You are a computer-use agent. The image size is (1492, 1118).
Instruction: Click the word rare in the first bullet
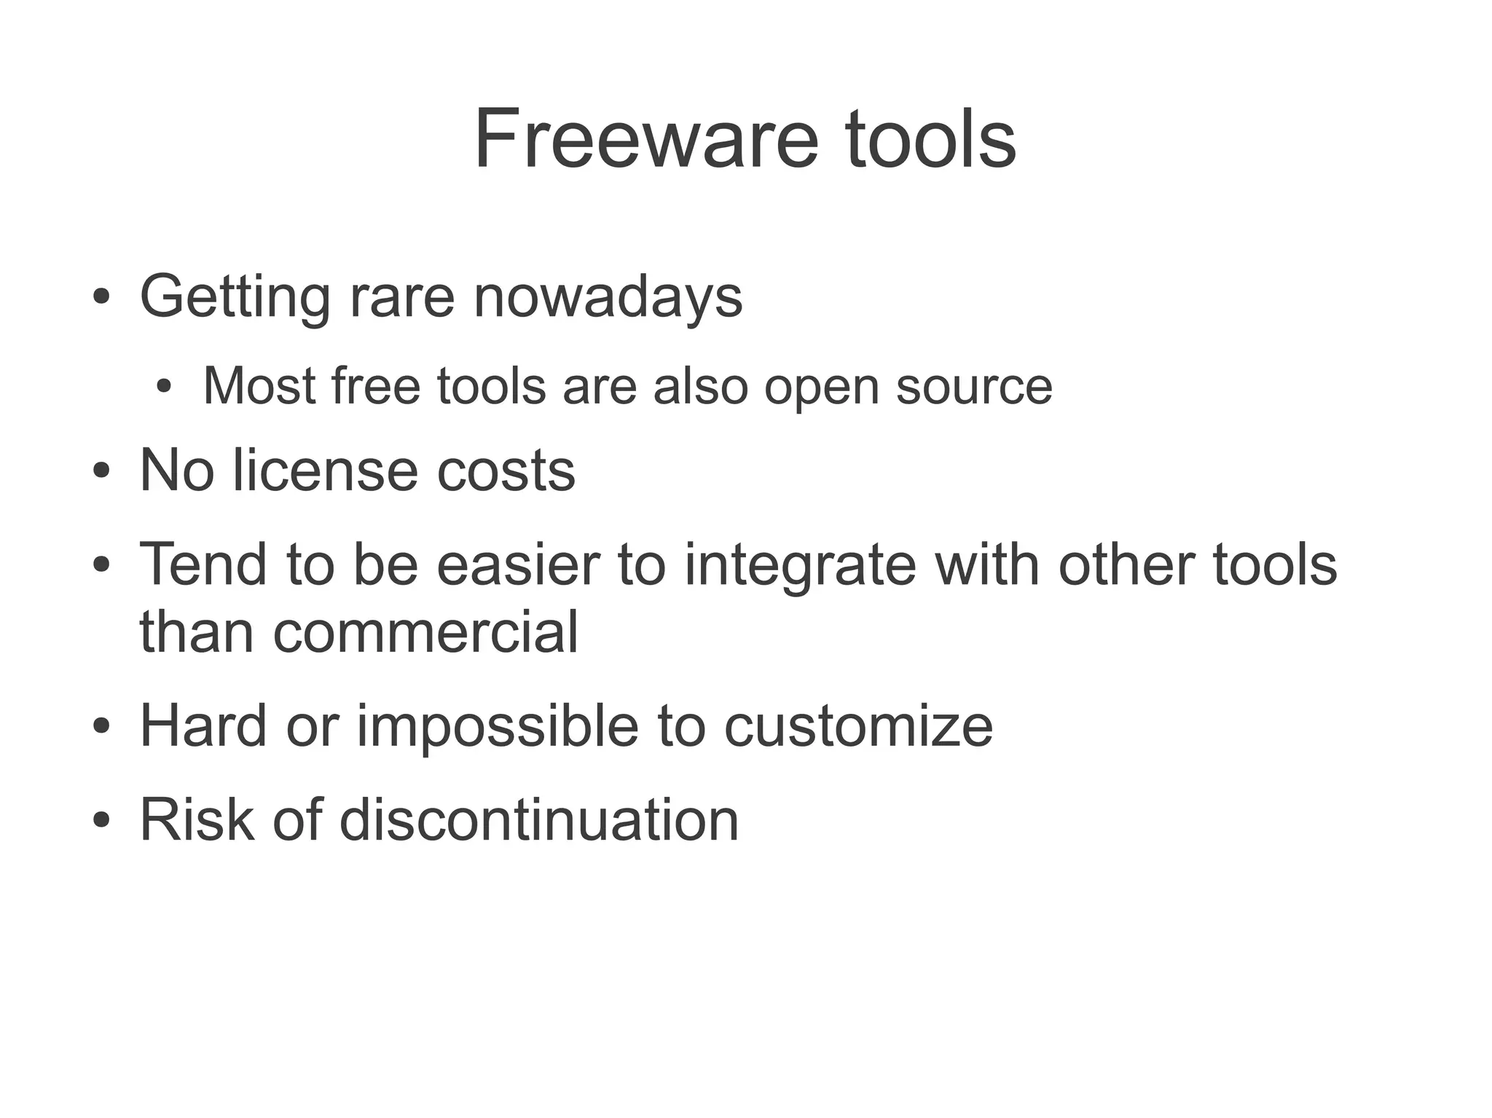(x=402, y=297)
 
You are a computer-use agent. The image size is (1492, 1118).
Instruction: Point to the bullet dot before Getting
(x=101, y=297)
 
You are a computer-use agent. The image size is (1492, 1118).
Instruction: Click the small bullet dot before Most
(x=164, y=386)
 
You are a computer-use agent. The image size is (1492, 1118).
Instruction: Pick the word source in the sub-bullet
(x=973, y=386)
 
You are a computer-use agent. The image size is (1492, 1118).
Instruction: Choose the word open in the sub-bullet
(x=821, y=387)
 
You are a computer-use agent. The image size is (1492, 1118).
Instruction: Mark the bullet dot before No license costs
(x=101, y=471)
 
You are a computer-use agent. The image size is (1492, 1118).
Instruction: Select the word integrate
(x=800, y=565)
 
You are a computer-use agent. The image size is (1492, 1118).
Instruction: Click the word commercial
(x=425, y=631)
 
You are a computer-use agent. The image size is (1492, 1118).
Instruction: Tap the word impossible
(x=497, y=726)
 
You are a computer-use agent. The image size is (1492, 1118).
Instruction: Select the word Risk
(x=197, y=819)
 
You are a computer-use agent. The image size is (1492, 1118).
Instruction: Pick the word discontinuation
(x=539, y=819)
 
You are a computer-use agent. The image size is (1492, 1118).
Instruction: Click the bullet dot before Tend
(x=101, y=564)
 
